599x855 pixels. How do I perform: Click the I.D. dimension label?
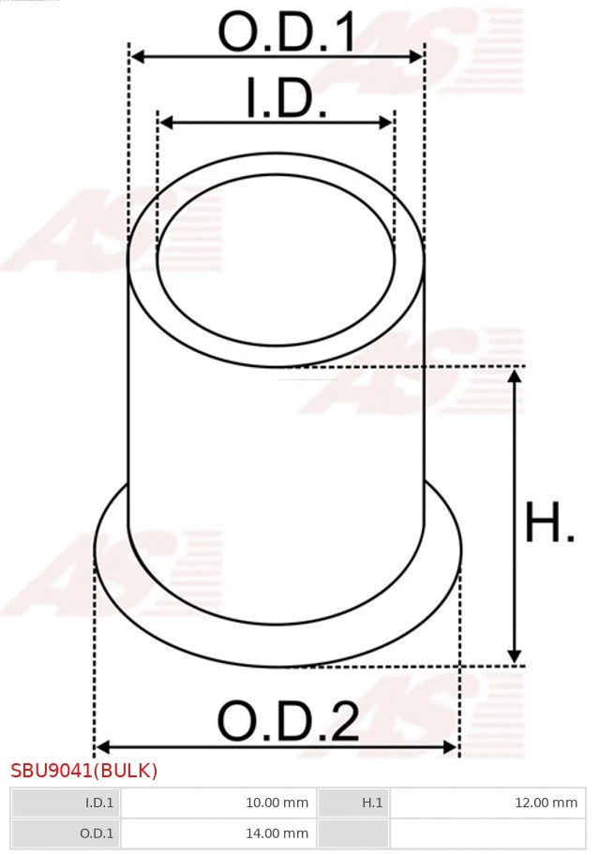(286, 99)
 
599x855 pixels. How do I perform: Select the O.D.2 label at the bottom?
(288, 722)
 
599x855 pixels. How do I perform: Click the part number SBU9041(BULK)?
(84, 771)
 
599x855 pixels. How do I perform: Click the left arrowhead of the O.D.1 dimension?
(137, 57)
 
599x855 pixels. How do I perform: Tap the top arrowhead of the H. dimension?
(514, 376)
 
